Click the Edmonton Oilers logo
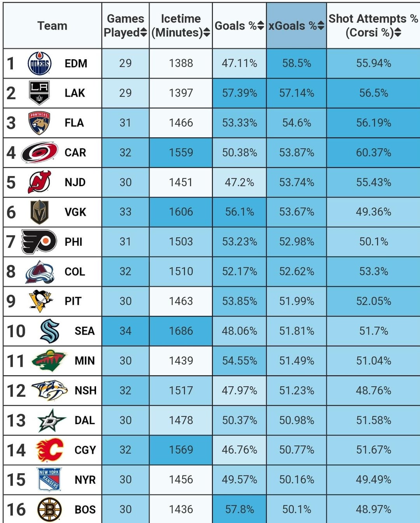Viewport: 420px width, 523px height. point(39,63)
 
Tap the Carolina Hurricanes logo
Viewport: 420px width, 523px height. point(39,152)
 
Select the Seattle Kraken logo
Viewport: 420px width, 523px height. point(49,331)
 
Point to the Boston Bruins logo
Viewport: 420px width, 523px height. point(49,509)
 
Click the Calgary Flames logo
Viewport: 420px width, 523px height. point(49,450)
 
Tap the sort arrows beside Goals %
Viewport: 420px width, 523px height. point(261,26)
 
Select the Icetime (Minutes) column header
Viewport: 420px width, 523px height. point(180,26)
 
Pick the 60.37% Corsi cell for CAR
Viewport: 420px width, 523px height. point(373,152)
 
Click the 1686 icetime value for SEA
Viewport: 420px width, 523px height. point(181,331)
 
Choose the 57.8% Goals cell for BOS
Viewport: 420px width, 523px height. point(240,509)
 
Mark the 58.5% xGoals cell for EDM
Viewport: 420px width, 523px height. point(296,63)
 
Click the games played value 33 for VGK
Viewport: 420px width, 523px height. point(125,212)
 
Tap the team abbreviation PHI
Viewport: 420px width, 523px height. point(73,242)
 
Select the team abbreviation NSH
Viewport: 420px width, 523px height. point(85,391)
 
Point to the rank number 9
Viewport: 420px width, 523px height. point(11,301)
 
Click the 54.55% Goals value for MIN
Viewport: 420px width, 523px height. point(240,361)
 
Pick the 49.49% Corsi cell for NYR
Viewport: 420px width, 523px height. point(373,479)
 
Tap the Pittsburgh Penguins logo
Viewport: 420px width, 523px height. point(40,301)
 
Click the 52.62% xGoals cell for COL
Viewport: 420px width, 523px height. point(296,271)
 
